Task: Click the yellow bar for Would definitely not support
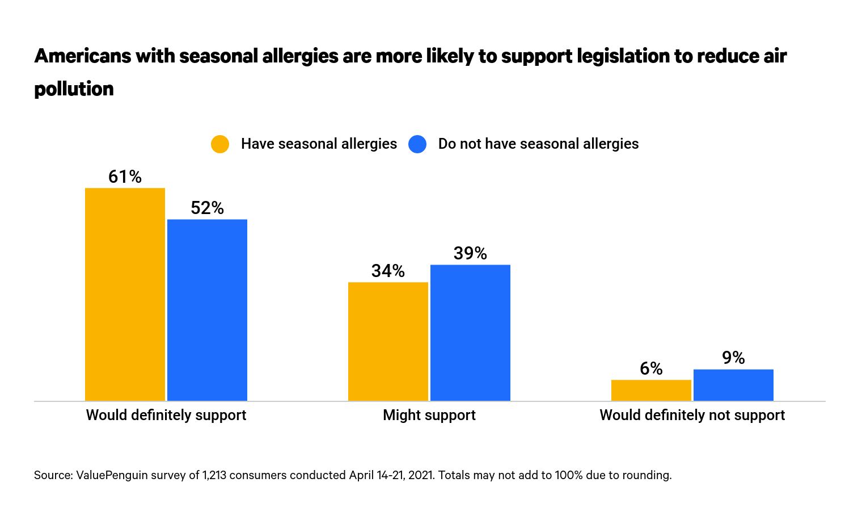(x=651, y=391)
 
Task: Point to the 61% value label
(x=125, y=177)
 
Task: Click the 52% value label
(x=207, y=208)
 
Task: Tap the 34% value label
(x=388, y=271)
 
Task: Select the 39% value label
(x=470, y=254)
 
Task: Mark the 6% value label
(x=651, y=369)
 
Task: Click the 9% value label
(x=733, y=358)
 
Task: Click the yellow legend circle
(x=220, y=144)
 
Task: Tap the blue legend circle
(x=417, y=144)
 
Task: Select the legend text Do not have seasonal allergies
(x=538, y=144)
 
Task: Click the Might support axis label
(x=429, y=416)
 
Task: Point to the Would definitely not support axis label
(x=692, y=416)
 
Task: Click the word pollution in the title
(x=74, y=89)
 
